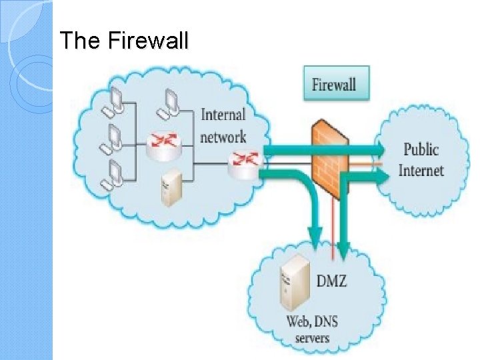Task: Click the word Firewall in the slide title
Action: (147, 41)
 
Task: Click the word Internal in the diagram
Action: (223, 115)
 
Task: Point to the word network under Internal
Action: (223, 137)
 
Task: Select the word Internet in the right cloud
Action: (421, 170)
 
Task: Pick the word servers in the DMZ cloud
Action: (312, 338)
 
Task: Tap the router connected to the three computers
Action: (164, 141)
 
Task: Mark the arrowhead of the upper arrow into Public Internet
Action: (381, 148)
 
